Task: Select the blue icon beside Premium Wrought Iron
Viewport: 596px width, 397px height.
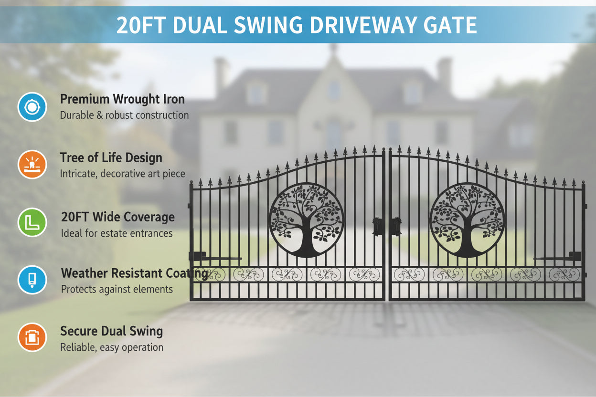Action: pos(32,107)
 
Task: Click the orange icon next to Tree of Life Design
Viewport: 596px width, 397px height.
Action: pos(32,164)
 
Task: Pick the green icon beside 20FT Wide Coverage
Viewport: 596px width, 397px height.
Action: pos(32,222)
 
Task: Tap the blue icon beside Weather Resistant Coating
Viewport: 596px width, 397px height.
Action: pos(32,280)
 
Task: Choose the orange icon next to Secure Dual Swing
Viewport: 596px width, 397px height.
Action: pos(32,337)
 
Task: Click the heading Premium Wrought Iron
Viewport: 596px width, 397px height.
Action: pos(122,99)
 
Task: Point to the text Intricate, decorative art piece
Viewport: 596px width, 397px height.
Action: pos(122,174)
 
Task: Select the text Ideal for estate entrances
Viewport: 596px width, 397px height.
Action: pos(117,233)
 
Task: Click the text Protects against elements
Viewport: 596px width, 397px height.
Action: pos(117,289)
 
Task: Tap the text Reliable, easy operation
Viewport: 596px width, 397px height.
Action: pos(112,347)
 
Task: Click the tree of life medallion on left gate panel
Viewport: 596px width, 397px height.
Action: pos(307,220)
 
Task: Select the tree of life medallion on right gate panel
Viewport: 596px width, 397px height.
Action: pos(467,220)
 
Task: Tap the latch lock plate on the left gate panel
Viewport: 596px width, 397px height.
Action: pos(378,226)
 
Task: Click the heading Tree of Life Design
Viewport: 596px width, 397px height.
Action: pos(111,157)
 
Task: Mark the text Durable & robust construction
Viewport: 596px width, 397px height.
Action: pos(124,115)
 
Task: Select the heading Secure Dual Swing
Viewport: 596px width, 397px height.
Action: pos(111,331)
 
